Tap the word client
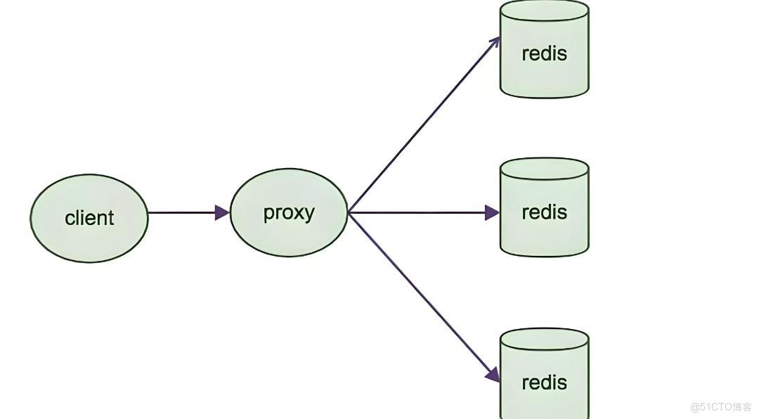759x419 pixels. [89, 218]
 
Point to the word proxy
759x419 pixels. [289, 212]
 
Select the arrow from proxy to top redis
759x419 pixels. [422, 127]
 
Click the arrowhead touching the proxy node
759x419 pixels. [223, 212]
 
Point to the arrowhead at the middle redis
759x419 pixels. [492, 212]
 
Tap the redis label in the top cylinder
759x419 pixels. [544, 53]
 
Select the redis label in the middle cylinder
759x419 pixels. [544, 212]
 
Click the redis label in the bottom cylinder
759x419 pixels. [544, 382]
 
